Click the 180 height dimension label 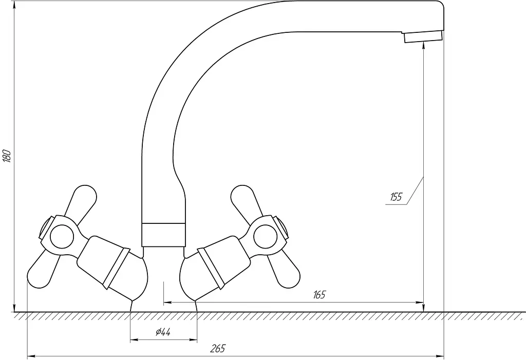(7, 156)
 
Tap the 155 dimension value (396, 197)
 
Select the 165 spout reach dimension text (320, 295)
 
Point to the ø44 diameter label (163, 332)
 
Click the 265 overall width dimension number (218, 349)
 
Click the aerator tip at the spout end (423, 36)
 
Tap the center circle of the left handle (62, 237)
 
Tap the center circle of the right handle (266, 237)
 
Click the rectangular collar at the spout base (163, 235)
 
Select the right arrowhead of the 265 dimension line (440, 356)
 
